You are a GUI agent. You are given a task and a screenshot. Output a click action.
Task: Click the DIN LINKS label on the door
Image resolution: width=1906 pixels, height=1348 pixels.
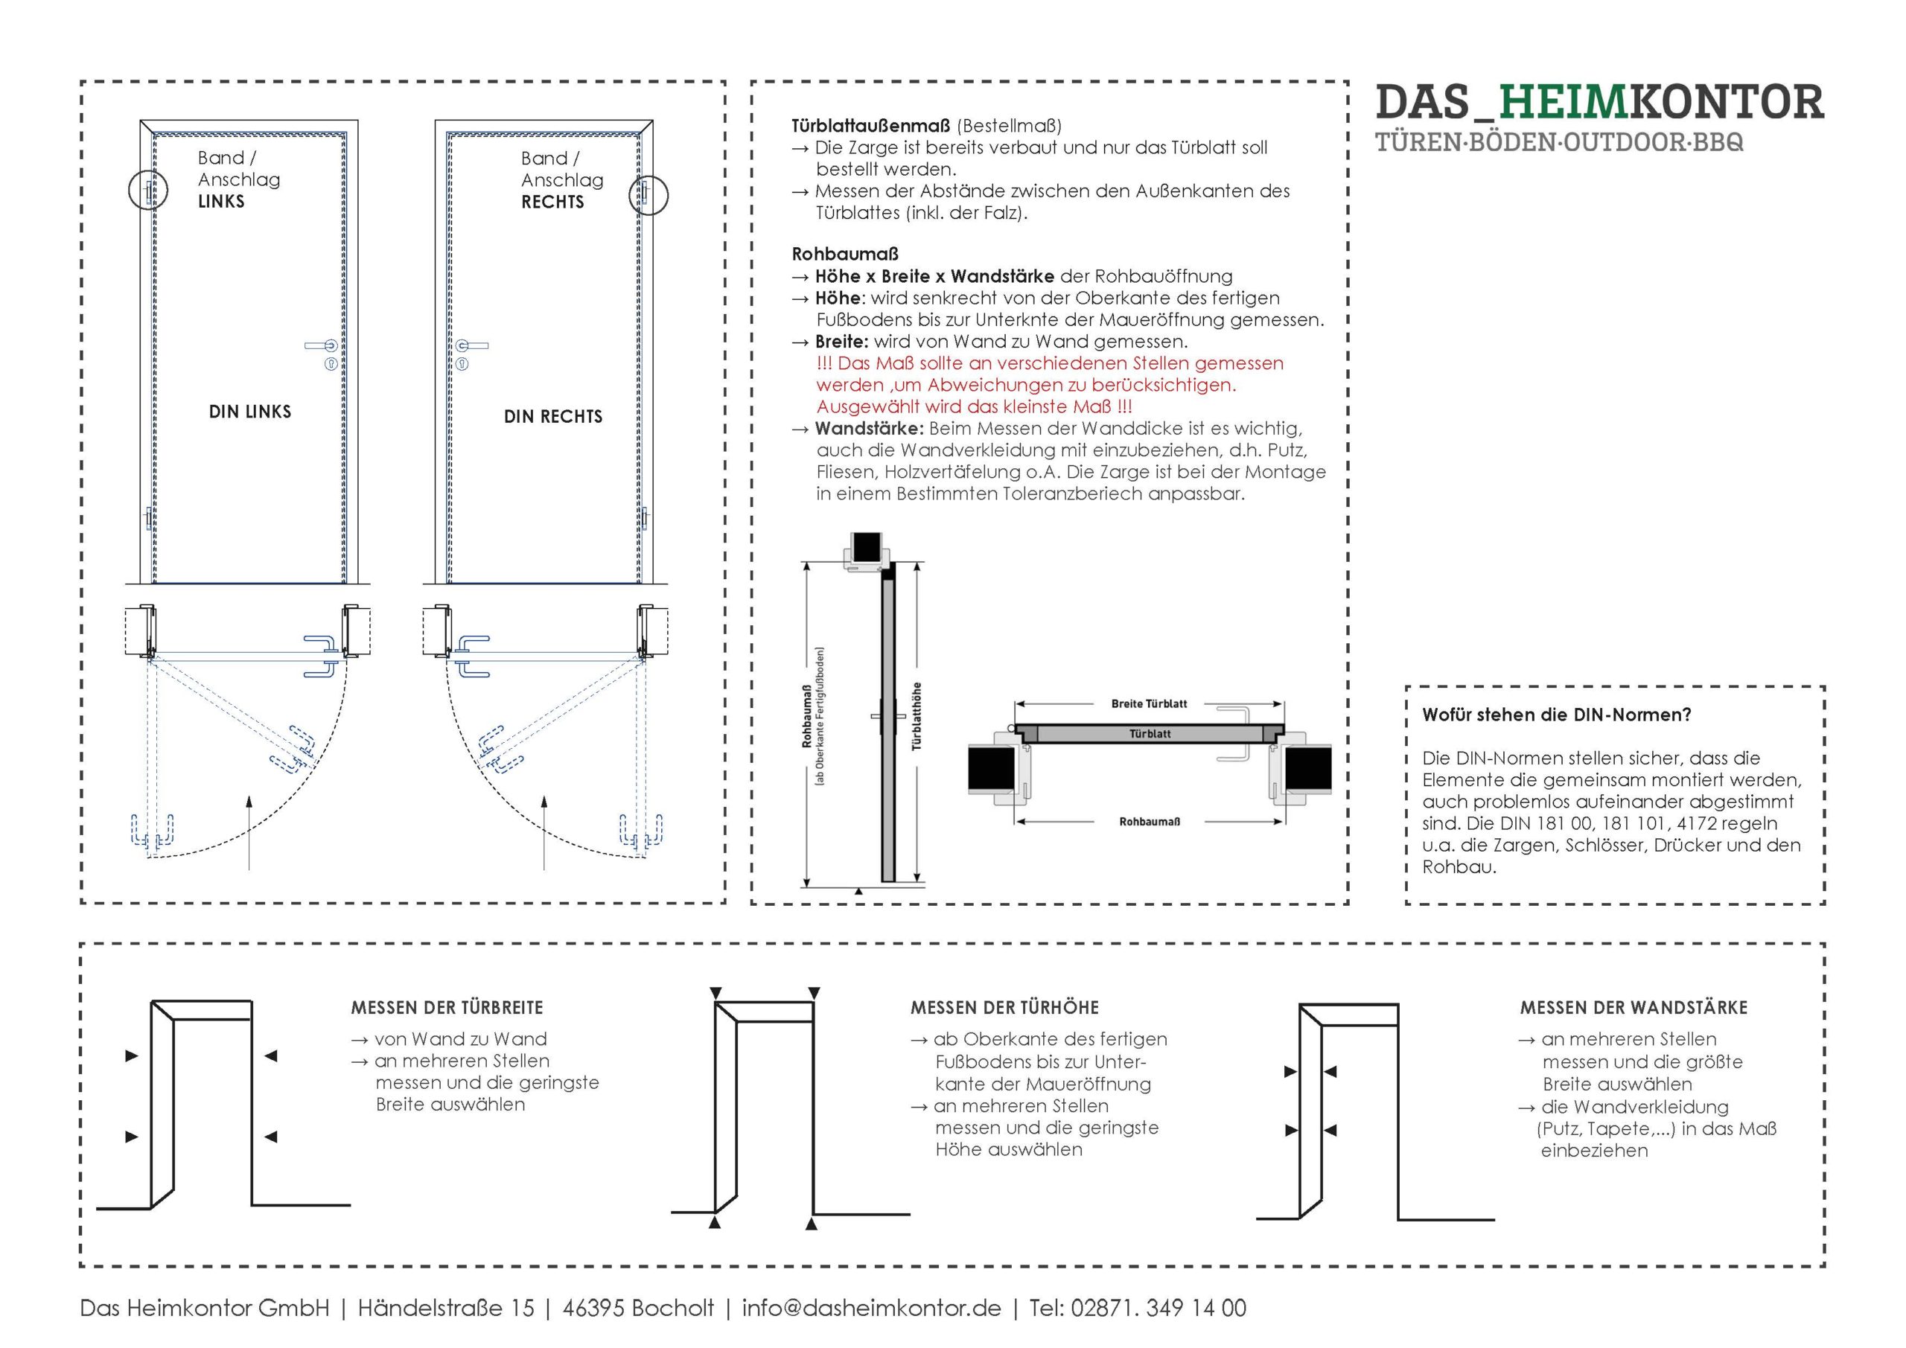250,412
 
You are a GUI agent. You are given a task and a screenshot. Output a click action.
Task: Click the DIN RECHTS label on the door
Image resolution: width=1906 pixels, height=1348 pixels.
553,417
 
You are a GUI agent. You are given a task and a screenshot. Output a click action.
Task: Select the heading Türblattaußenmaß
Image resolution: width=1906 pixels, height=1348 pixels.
870,127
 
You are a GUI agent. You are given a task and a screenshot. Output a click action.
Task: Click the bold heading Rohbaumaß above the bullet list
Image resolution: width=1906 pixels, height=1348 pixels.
844,254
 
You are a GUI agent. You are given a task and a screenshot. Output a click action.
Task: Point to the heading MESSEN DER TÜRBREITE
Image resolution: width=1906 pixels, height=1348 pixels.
447,1008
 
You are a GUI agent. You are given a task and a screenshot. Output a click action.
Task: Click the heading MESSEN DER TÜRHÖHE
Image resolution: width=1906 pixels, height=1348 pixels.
1004,1008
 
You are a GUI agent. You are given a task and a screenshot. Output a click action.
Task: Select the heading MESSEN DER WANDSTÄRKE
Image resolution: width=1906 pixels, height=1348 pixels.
1634,1008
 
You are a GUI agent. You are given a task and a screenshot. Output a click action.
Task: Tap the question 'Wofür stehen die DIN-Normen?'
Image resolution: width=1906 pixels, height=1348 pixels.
1557,715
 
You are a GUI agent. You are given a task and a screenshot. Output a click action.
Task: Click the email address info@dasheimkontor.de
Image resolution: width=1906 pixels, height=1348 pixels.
871,1308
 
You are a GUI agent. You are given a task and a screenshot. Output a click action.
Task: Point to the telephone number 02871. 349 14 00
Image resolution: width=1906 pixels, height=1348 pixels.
1158,1308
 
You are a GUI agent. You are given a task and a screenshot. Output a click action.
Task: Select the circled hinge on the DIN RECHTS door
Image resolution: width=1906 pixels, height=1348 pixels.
648,195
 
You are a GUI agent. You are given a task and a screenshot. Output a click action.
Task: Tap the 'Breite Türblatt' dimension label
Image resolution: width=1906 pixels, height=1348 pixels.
1149,704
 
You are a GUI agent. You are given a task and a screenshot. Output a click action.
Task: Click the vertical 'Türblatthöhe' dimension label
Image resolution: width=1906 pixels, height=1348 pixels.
917,716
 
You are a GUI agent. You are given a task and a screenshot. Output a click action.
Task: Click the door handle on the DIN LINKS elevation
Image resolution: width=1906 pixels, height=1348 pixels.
321,345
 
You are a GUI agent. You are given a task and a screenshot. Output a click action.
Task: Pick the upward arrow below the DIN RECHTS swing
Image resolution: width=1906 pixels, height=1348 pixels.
544,830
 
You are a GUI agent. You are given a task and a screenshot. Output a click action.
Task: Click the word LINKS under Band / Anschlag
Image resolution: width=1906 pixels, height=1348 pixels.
221,202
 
